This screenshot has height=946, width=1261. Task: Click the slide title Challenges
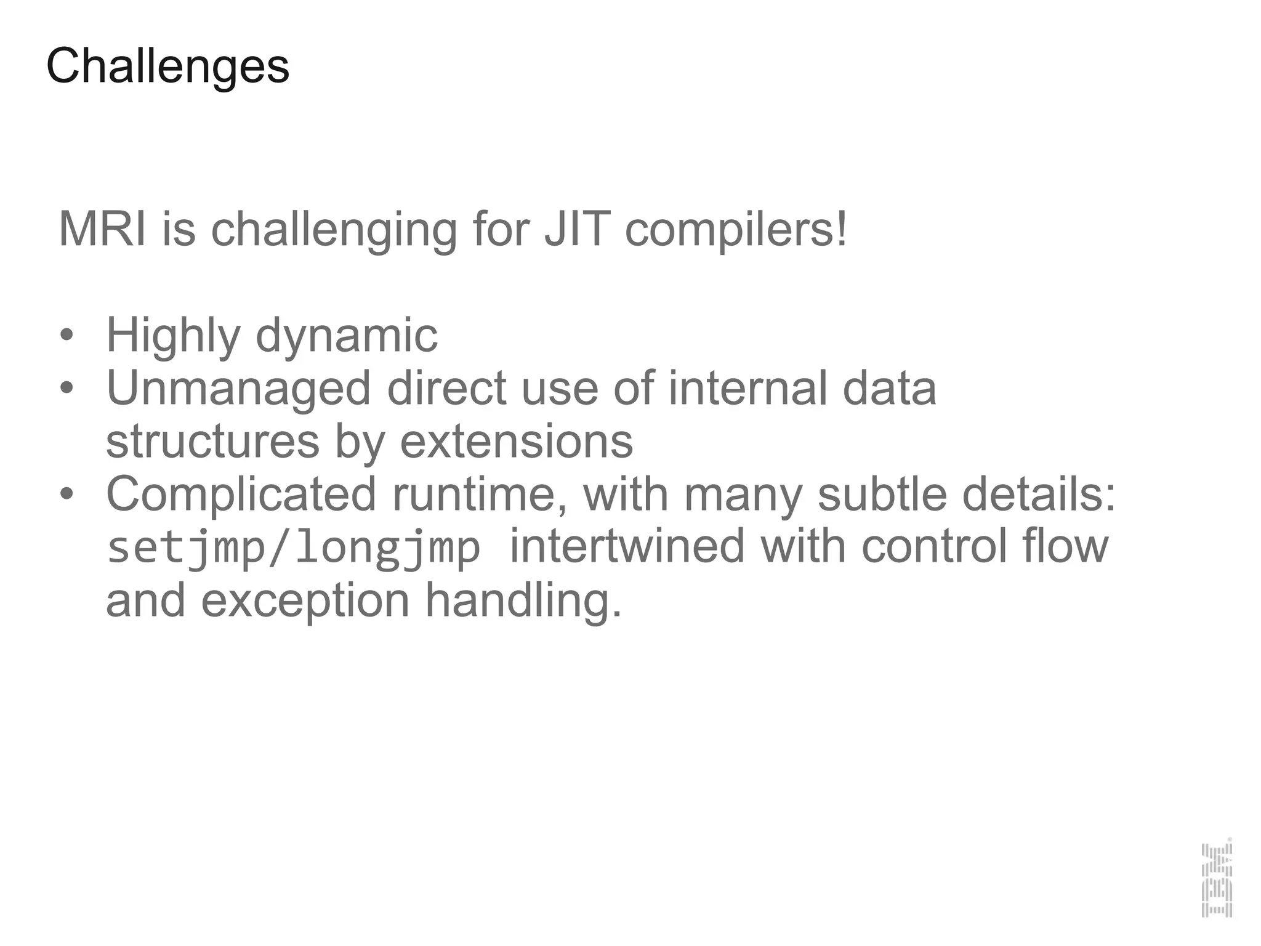click(x=167, y=67)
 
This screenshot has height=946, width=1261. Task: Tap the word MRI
click(x=102, y=229)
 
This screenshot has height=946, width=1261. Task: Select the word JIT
click(x=577, y=229)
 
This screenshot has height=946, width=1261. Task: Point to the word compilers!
click(x=736, y=229)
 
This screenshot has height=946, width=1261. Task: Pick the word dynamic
click(x=346, y=336)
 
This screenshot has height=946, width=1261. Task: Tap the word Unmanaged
click(x=238, y=389)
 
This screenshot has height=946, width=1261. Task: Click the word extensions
click(x=516, y=442)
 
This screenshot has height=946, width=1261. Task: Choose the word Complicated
click(x=241, y=494)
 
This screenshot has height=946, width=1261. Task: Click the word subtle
click(x=882, y=494)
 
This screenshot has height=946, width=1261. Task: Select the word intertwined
click(x=627, y=547)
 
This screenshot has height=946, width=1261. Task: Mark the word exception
click(x=305, y=600)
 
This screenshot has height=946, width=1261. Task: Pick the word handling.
click(x=523, y=600)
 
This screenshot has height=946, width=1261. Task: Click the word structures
click(x=212, y=442)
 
